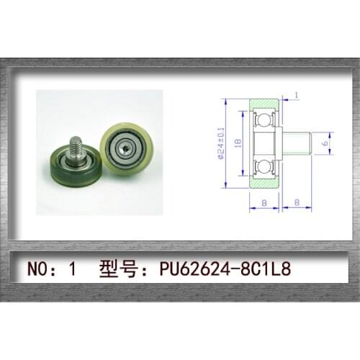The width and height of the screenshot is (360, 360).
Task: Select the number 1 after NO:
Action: click(x=72, y=271)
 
